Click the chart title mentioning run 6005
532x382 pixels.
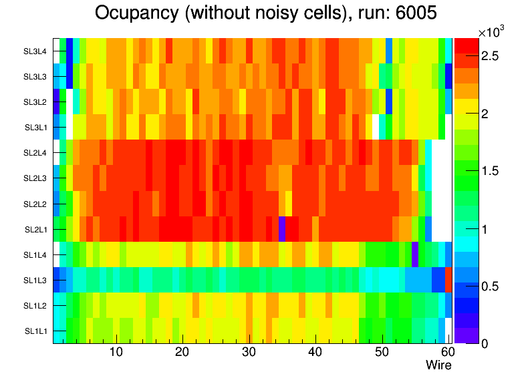tap(265, 13)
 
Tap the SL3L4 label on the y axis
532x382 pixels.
tap(35, 51)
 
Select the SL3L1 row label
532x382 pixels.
tap(35, 128)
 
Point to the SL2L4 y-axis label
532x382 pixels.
tap(35, 153)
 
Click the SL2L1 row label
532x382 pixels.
tap(35, 230)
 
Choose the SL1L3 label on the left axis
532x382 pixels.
tap(35, 280)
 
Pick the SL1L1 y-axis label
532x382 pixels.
tap(35, 331)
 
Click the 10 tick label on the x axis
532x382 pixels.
tap(116, 352)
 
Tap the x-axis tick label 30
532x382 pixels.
tap(249, 352)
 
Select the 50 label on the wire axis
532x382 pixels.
tap(381, 352)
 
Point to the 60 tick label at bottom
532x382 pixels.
tap(446, 352)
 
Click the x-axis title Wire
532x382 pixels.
tap(438, 365)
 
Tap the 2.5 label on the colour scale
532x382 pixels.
tap(490, 56)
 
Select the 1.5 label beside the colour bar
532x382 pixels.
tap(490, 172)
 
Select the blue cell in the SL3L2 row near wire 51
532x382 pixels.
tap(389, 102)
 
